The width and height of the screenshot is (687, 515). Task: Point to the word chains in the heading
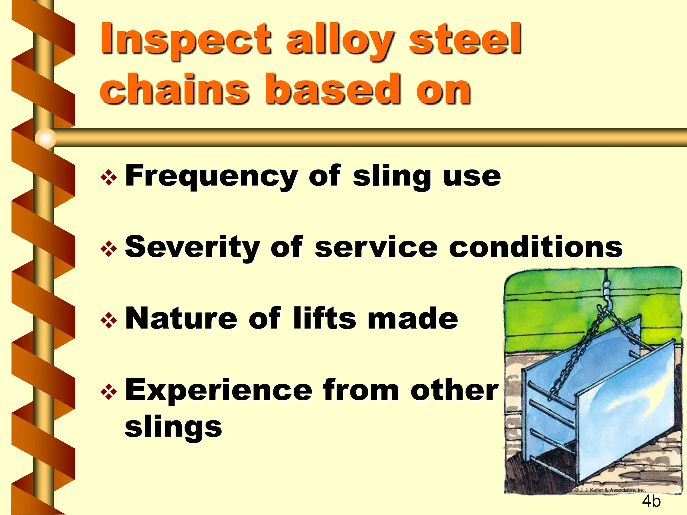coord(174,89)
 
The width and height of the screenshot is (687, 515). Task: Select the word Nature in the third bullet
coord(181,319)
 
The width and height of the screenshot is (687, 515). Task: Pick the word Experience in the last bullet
coord(219,390)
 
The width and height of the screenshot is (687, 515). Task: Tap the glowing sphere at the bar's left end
coord(46,138)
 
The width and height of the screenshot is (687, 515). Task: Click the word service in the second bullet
coord(376,247)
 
